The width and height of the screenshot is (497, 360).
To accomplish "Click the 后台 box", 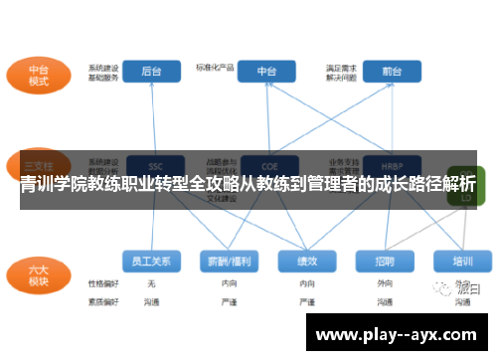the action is tap(152, 72).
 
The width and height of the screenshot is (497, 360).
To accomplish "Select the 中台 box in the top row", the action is tap(266, 72).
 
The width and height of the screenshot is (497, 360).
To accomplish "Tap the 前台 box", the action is tap(391, 72).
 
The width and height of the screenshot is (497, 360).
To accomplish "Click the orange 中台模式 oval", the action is tap(38, 75).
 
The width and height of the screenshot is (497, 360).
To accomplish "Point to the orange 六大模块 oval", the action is tap(38, 272).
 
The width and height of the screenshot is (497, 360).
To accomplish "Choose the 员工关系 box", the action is tap(151, 261).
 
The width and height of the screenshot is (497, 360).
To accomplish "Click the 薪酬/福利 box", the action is tap(229, 261).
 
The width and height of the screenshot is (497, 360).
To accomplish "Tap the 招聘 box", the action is tap(386, 261).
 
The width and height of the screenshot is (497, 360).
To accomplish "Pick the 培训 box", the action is tap(462, 261).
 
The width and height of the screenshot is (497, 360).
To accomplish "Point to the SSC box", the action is tap(154, 165).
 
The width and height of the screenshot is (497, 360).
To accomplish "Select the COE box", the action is tap(266, 165).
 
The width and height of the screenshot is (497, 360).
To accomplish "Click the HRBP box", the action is tap(391, 165).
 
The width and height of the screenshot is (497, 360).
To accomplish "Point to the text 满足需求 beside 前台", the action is tap(341, 67).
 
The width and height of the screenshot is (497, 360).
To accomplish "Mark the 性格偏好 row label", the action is tap(102, 283).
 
